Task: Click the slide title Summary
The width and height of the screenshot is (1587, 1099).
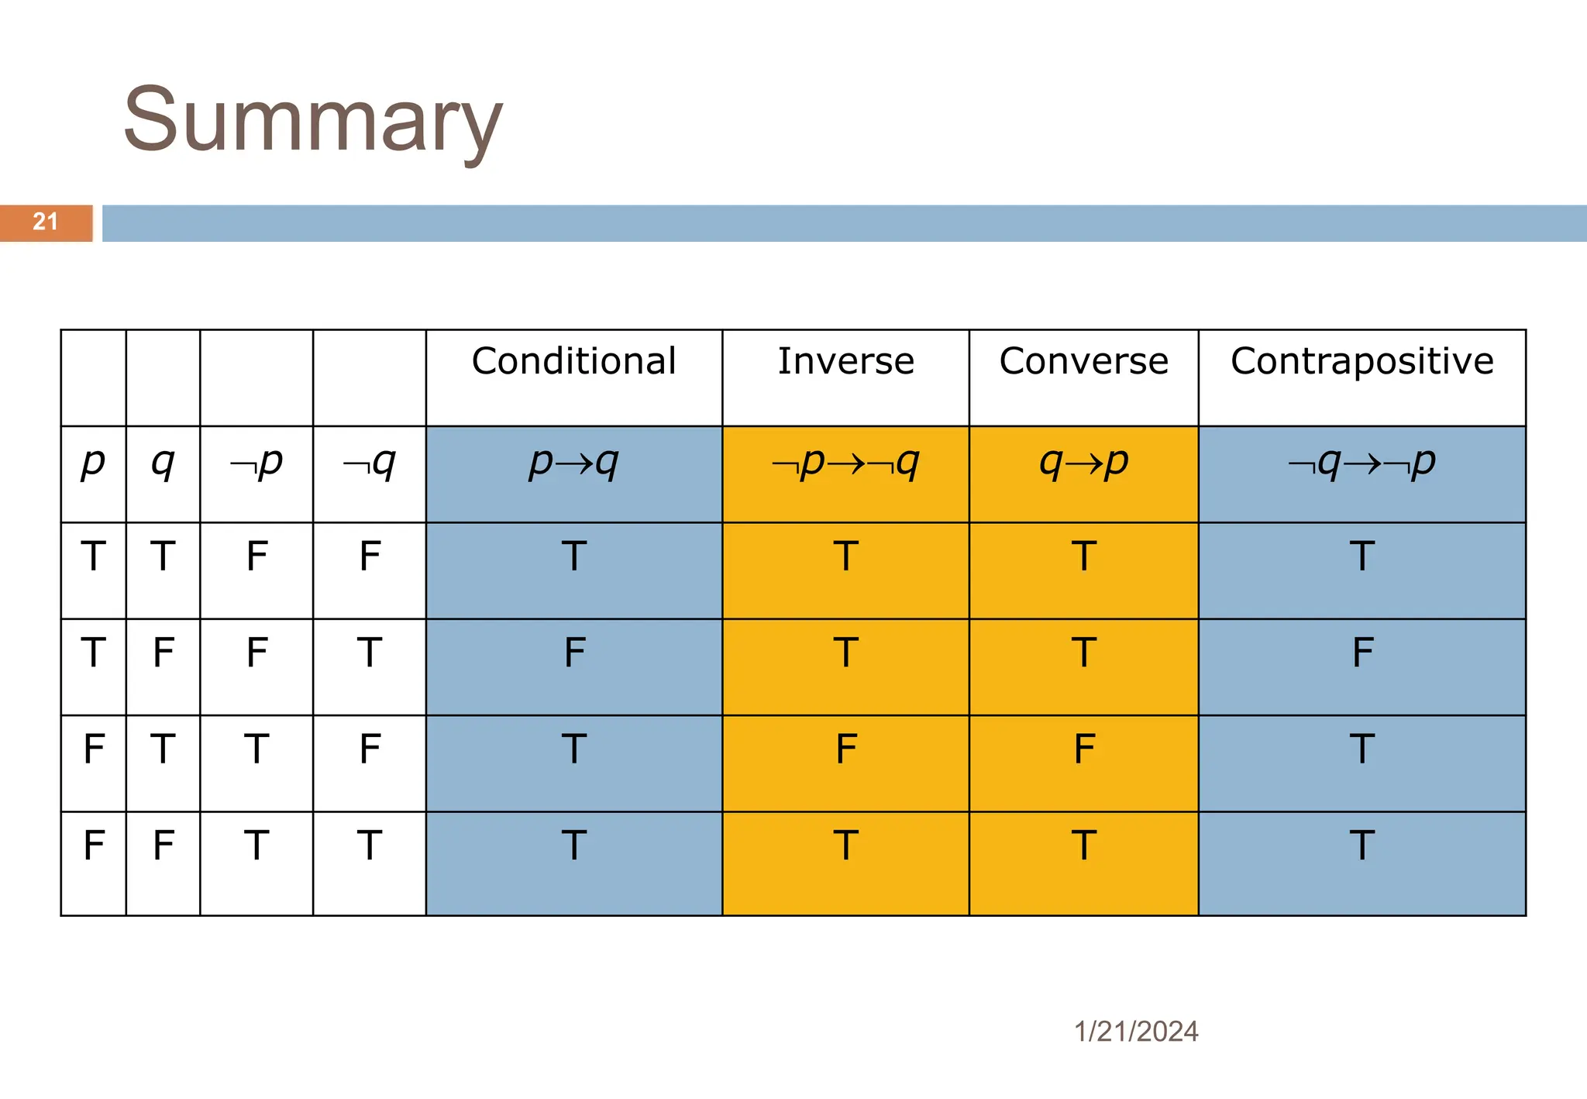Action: (x=313, y=120)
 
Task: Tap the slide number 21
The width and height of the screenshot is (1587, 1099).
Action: (x=45, y=222)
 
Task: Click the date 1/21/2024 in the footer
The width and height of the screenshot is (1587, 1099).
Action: (x=1136, y=1032)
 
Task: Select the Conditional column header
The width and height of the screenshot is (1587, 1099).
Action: (x=573, y=361)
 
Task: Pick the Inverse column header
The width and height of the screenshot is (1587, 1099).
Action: (x=845, y=361)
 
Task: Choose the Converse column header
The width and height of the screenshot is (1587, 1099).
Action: (x=1083, y=361)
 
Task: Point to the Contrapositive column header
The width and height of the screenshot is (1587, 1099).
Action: (x=1362, y=361)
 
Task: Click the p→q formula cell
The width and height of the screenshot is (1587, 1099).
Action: (x=573, y=463)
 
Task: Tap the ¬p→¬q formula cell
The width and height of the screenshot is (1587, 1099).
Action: (x=845, y=463)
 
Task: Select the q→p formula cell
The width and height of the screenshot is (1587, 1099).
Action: (x=1083, y=463)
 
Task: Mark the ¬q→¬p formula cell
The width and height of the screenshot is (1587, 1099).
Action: (x=1362, y=463)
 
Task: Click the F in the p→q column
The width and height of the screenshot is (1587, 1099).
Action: (x=573, y=653)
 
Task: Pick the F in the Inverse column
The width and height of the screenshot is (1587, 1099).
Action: (x=845, y=749)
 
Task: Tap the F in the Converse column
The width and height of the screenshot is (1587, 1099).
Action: (x=1083, y=749)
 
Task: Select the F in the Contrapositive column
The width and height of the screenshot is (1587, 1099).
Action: (x=1362, y=653)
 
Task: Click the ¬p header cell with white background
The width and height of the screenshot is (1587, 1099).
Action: (x=256, y=463)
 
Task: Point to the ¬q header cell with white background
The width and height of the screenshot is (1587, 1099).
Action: (x=370, y=463)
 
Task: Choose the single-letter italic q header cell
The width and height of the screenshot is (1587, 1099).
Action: (x=163, y=463)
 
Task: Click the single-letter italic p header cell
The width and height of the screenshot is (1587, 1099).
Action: (x=93, y=463)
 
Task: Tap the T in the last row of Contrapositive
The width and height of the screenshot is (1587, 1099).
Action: (x=1362, y=845)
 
